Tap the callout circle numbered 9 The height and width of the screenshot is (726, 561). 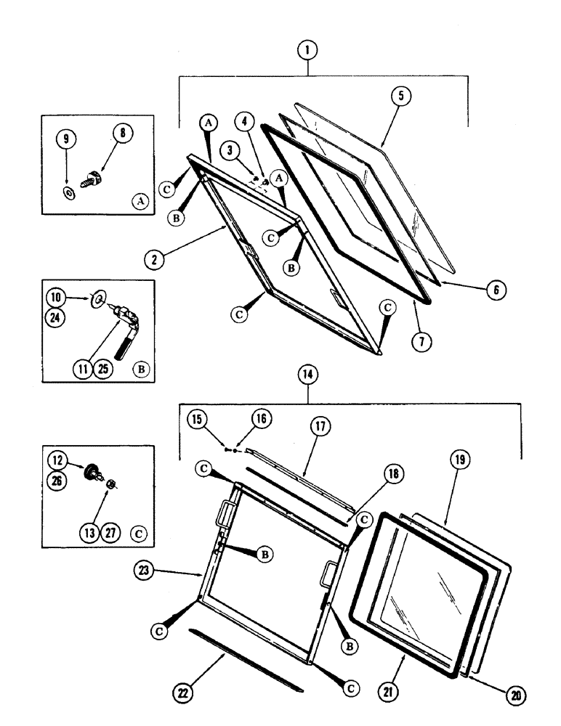(x=66, y=139)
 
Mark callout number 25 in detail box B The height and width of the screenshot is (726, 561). (x=104, y=370)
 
